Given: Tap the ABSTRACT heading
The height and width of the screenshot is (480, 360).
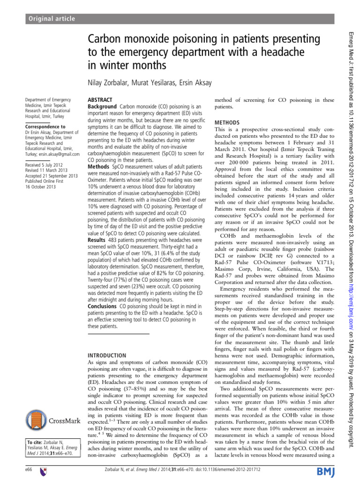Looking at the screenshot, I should tap(100, 100).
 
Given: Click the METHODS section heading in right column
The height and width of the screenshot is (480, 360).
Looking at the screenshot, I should tap(227, 122).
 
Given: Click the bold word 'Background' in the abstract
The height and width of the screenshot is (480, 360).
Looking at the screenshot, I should tap(103, 107).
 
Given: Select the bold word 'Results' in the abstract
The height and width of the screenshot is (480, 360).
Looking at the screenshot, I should tap(97, 240).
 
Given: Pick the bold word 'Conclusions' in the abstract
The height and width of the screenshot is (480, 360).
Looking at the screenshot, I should tap(103, 306).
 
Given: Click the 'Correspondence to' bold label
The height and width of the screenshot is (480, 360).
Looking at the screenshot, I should tap(45, 127).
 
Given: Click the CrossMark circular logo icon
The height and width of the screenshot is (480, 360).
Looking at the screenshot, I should tap(37, 420).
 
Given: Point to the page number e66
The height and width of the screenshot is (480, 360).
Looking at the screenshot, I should tap(28, 470).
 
